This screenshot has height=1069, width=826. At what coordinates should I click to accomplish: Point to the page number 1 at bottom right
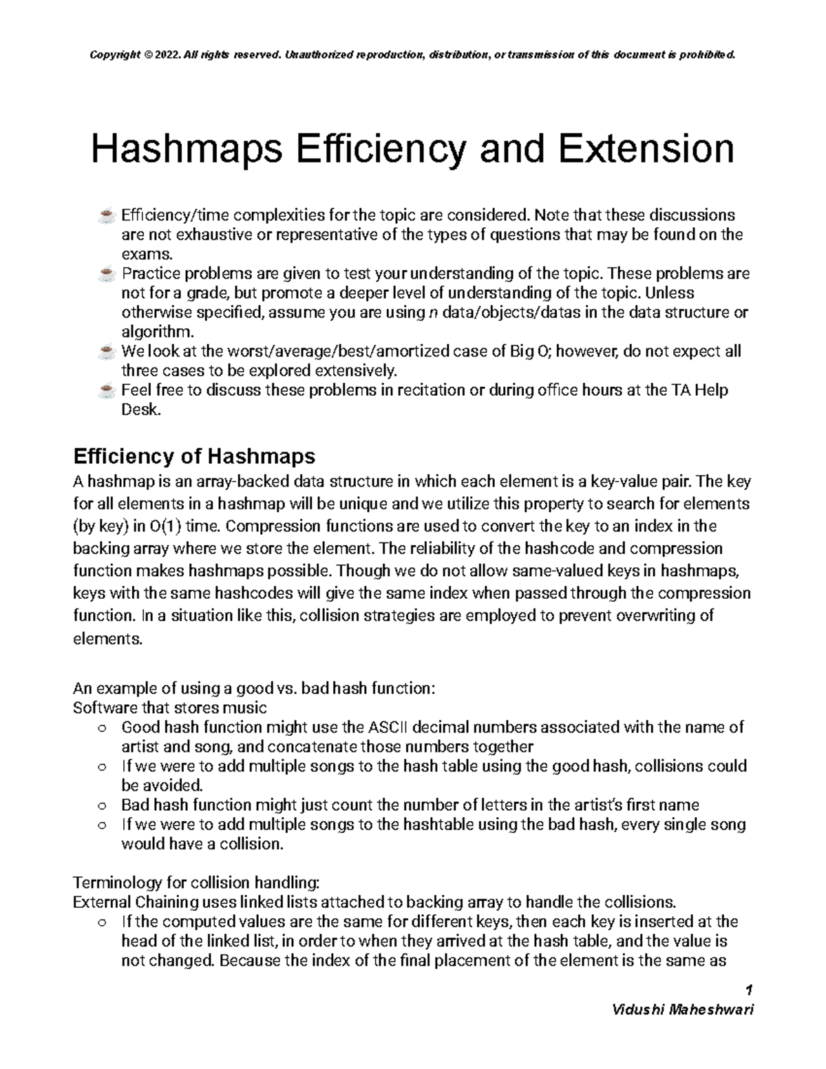pyautogui.click(x=750, y=991)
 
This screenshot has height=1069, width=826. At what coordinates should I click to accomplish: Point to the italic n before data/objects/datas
pyautogui.click(x=432, y=313)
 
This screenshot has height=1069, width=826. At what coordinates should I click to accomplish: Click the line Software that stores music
pyautogui.click(x=169, y=708)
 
